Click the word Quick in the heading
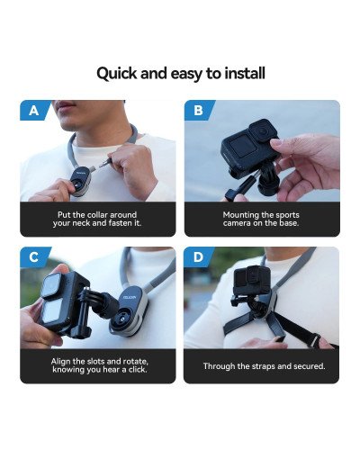118,72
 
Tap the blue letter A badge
33,111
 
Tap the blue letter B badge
198,111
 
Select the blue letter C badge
33,257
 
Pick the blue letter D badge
198,257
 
